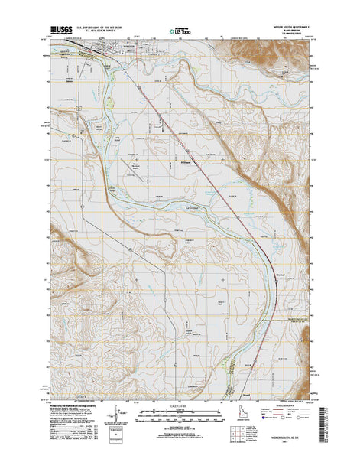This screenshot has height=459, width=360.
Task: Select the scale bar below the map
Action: point(180,415)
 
